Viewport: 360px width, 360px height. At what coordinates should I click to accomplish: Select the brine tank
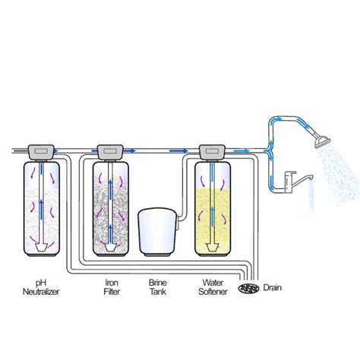coord(158,231)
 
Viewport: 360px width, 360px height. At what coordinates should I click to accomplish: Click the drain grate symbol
coord(249,288)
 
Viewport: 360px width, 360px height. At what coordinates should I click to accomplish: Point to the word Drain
coord(273,288)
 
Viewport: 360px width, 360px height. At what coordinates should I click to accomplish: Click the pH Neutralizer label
coord(41,287)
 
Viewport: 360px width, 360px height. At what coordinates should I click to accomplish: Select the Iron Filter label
coord(112,287)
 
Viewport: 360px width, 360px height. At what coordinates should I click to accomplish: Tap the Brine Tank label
coord(158,287)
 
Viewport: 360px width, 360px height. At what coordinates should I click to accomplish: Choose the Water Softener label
coord(213,287)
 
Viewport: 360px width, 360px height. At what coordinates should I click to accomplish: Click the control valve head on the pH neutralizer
coord(41,152)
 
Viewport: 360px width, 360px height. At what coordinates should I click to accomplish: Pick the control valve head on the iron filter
coord(110,152)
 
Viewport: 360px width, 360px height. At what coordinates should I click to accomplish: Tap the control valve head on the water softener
coord(212,152)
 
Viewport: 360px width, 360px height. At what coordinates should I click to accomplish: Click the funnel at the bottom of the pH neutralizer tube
coord(41,248)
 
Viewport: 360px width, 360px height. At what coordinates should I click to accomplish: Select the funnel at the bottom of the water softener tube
coord(211,248)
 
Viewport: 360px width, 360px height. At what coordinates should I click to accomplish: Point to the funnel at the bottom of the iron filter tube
coord(110,248)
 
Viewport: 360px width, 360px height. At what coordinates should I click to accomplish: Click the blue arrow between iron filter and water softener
coord(178,151)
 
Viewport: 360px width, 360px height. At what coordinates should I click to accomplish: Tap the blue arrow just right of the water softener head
coord(242,151)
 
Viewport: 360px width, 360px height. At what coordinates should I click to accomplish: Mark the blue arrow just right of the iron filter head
coord(130,151)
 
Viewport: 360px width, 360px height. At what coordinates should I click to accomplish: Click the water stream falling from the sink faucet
coord(311,196)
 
